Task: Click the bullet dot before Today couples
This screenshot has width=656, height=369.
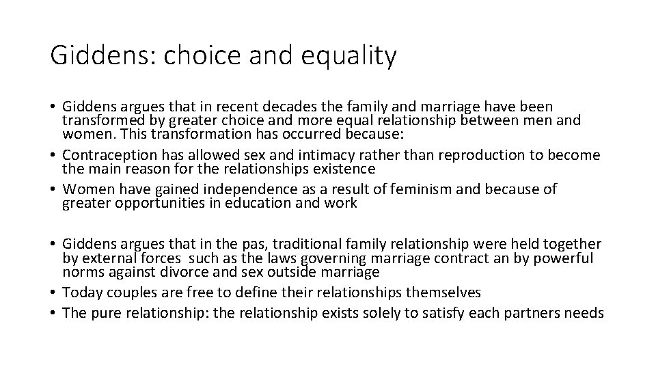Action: [53, 292]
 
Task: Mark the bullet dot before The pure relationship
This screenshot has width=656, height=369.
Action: [53, 313]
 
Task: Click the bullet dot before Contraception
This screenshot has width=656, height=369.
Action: [53, 156]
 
